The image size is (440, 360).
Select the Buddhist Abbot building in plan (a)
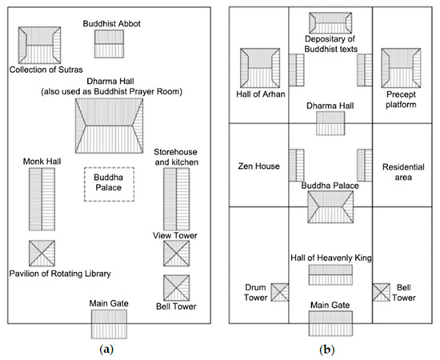click(110, 44)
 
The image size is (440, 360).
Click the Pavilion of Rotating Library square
click(42, 254)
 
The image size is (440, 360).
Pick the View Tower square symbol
click(176, 254)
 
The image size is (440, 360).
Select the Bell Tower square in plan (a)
click(176, 286)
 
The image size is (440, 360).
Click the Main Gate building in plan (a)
click(110, 324)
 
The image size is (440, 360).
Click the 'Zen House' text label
click(258, 166)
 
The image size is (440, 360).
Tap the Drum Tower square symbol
click(279, 293)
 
